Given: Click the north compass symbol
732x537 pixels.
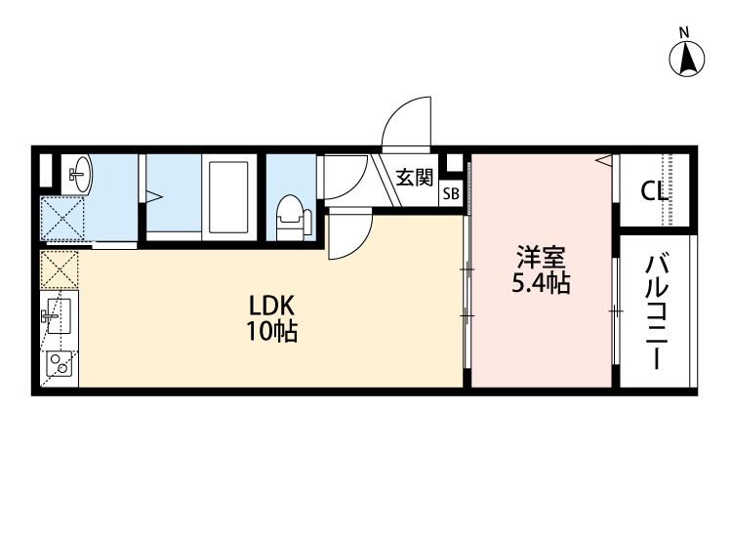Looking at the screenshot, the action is tap(686, 60).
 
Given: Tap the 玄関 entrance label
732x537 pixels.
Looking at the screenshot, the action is tap(415, 178).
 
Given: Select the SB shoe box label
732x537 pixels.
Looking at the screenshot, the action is tap(451, 193).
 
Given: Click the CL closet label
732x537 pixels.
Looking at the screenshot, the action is tap(654, 190).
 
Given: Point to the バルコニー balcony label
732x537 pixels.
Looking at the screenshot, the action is tap(657, 311).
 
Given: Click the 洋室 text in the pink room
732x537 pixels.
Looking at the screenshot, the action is tap(541, 257).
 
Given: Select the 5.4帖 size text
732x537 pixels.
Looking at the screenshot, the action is tap(541, 282).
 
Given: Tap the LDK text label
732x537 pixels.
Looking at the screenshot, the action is tap(271, 307).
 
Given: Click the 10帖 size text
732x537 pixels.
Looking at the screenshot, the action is tap(271, 332).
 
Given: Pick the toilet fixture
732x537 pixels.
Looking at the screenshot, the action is tap(294, 218).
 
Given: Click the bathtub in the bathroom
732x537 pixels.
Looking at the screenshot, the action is tap(228, 197).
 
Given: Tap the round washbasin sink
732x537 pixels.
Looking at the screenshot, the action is tap(82, 174).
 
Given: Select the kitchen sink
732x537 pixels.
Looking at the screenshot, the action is tap(59, 316).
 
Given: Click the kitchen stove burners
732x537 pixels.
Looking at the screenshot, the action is tap(60, 364).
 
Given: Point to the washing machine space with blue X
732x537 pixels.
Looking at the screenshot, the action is tap(62, 219).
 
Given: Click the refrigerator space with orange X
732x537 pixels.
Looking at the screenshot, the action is tap(60, 269).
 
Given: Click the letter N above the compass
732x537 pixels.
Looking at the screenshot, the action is tap(684, 32).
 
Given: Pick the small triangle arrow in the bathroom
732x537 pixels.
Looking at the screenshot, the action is tap(154, 196).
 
